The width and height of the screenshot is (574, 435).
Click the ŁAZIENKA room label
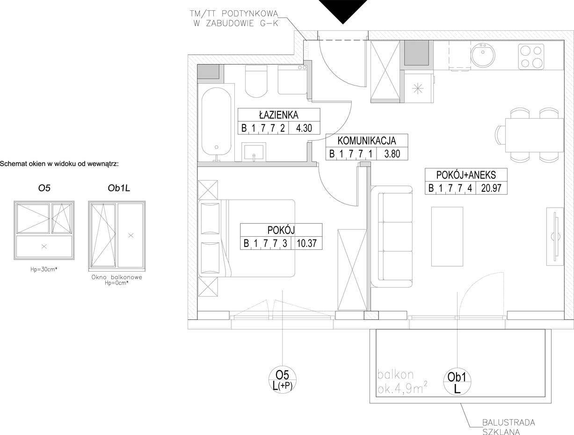click(x=278, y=115)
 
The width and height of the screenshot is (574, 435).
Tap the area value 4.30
click(x=304, y=128)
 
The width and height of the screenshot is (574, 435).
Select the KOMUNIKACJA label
click(x=366, y=141)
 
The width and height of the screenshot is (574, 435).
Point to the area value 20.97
click(x=491, y=188)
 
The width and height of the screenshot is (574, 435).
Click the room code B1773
click(x=265, y=243)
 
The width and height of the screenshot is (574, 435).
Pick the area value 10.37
click(x=306, y=243)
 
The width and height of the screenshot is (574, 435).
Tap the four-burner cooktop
click(x=531, y=56)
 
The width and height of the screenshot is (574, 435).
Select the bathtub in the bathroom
click(x=216, y=124)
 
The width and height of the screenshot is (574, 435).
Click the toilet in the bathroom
click(x=256, y=81)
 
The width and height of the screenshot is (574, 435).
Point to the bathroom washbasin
click(x=254, y=152)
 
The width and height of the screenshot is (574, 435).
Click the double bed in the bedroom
click(x=247, y=238)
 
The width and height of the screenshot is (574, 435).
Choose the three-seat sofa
click(x=392, y=237)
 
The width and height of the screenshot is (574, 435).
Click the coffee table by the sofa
click(x=447, y=237)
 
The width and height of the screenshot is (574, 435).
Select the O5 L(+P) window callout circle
click(x=283, y=380)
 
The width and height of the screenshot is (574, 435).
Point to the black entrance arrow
click(x=343, y=10)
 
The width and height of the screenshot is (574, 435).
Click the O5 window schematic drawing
click(x=44, y=230)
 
